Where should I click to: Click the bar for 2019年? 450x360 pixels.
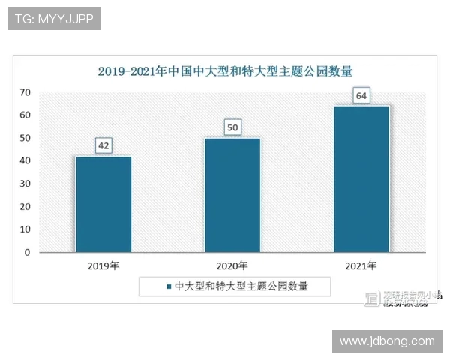point(103,204)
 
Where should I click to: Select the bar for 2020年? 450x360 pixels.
point(232,195)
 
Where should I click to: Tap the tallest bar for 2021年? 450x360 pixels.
point(361,179)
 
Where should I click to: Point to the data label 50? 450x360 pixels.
point(232,128)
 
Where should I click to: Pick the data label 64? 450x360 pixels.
point(361,96)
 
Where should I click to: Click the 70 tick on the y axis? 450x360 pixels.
point(25,92)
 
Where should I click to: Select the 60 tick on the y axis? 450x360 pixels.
point(25,115)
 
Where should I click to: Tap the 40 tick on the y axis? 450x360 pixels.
point(25,161)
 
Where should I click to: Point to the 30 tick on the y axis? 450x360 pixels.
point(25,184)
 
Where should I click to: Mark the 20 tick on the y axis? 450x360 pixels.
point(25,207)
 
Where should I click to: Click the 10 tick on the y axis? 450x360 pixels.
point(25,229)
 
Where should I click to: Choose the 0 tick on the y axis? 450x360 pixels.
point(27,253)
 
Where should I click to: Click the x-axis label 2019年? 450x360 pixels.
point(103,266)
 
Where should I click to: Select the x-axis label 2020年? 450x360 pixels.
point(232,266)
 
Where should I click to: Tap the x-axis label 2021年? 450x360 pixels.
point(361,266)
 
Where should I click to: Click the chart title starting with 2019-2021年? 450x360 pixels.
point(225,71)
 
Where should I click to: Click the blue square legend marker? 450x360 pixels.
point(169,286)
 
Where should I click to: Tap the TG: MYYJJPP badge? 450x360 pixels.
point(54,19)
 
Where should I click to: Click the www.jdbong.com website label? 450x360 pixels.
point(387,340)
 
